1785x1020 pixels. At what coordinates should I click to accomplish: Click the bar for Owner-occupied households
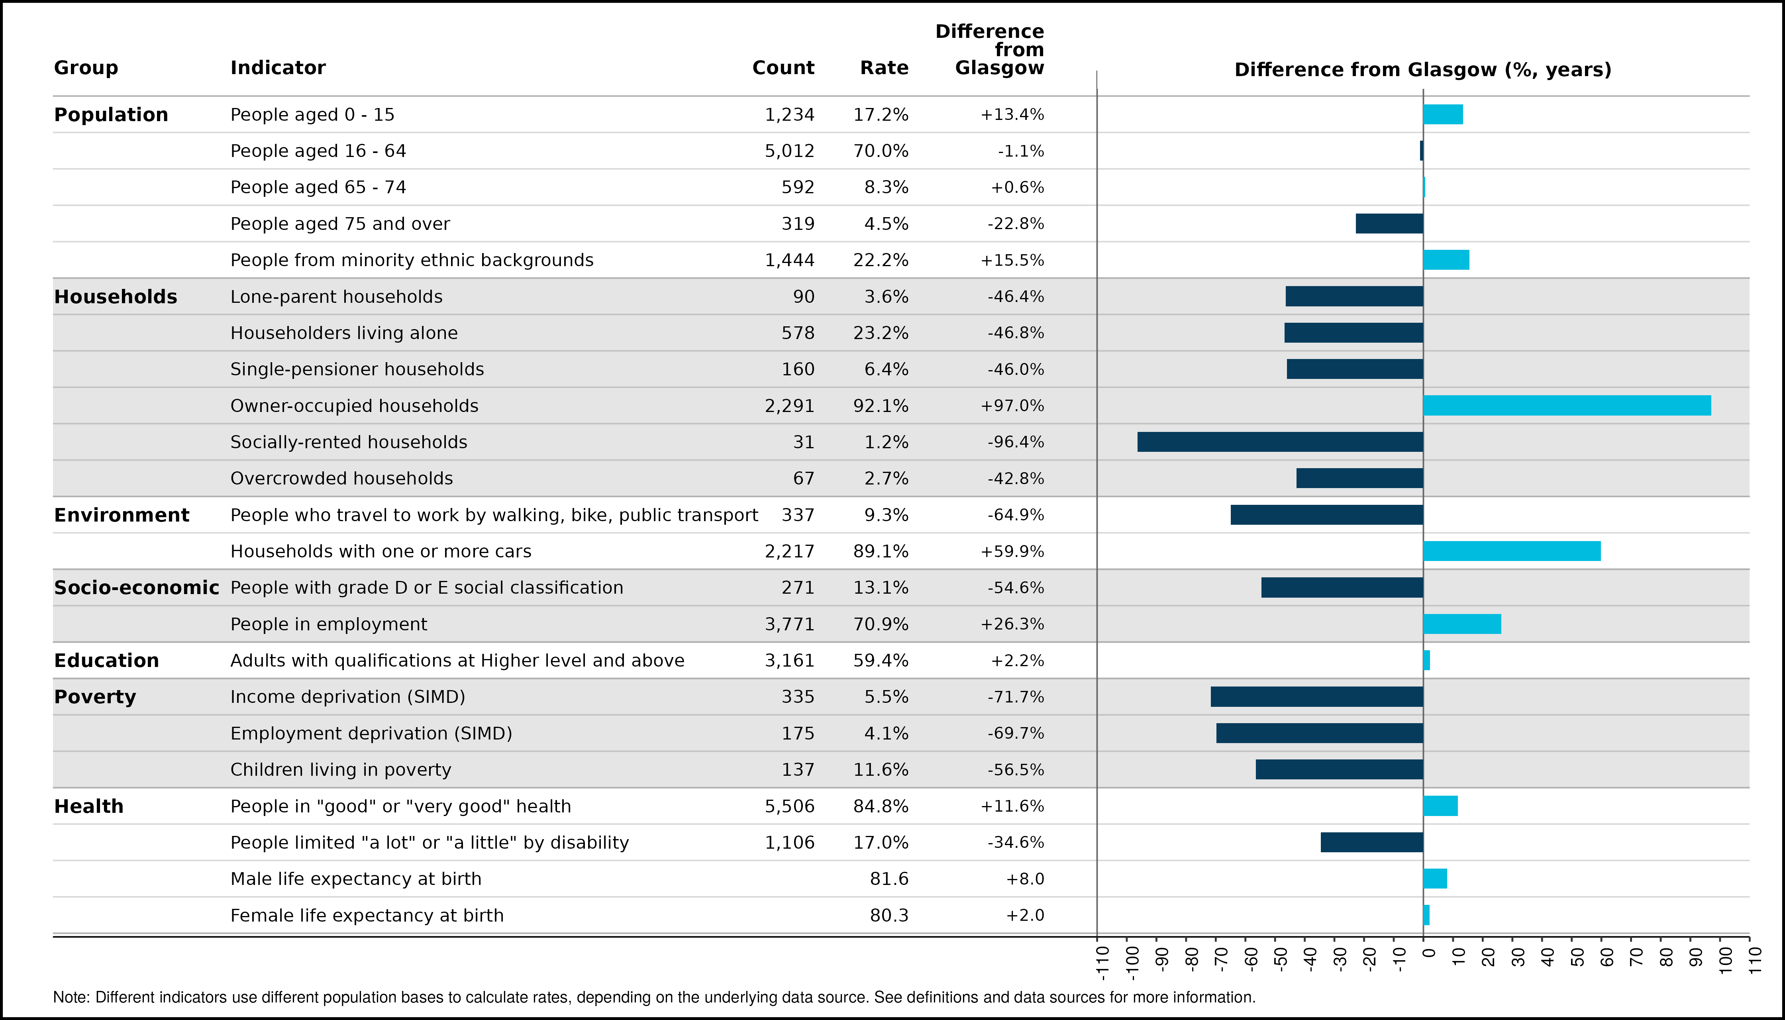1567,406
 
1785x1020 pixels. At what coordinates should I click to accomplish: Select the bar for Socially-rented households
1281,442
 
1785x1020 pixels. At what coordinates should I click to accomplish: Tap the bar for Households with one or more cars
1512,551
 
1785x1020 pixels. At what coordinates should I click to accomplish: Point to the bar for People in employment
1462,624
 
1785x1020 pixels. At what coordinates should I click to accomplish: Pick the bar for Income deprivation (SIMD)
1317,697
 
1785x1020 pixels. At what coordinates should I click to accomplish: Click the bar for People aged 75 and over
1390,224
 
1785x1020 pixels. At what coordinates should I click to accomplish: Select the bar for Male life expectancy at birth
1436,879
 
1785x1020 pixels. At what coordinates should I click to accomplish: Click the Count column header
783,68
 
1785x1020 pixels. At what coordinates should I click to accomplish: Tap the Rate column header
884,68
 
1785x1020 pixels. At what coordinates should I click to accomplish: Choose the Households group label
116,297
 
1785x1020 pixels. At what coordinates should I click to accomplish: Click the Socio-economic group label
137,588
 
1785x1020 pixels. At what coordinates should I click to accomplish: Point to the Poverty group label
95,697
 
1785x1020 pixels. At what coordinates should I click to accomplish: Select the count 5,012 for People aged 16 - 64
790,151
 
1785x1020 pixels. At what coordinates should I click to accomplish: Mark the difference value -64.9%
1016,515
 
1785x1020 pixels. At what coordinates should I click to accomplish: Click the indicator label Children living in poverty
341,770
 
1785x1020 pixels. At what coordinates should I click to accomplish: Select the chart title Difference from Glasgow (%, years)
1423,70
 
